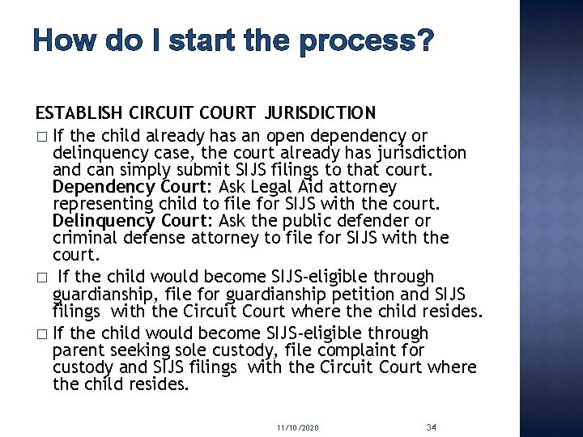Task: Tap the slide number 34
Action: [x=431, y=426]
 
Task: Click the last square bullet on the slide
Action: [x=40, y=333]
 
